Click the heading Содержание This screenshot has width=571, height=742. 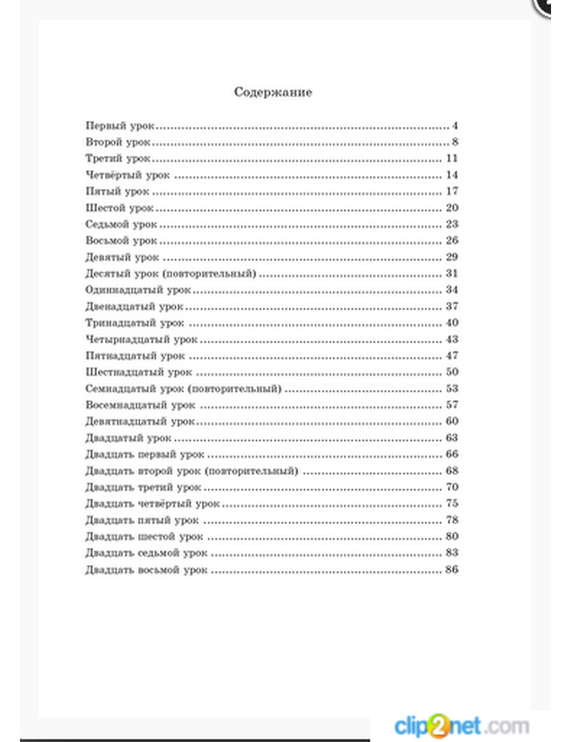pos(273,92)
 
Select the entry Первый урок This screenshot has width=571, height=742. pos(120,126)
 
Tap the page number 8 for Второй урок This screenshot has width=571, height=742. pos(455,142)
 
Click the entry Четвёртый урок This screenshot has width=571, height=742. pos(127,175)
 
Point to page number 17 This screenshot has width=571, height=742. pos(452,191)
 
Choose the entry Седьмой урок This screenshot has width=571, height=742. pos(121,224)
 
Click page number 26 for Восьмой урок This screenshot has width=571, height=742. pos(452,240)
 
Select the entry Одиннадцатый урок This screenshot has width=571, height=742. pos(138,290)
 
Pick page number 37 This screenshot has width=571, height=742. pos(452,307)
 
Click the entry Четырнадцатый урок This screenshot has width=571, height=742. pos(141,340)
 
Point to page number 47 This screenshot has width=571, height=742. pos(452,356)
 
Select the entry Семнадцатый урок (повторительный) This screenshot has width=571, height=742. pos(183,389)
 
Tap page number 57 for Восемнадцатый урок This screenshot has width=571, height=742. pos(452,405)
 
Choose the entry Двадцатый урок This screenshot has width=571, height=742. pos(128,438)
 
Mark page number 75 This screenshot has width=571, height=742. pos(452,503)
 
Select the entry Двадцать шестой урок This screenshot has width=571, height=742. pos(144,537)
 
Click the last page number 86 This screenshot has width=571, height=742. pos(452,570)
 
